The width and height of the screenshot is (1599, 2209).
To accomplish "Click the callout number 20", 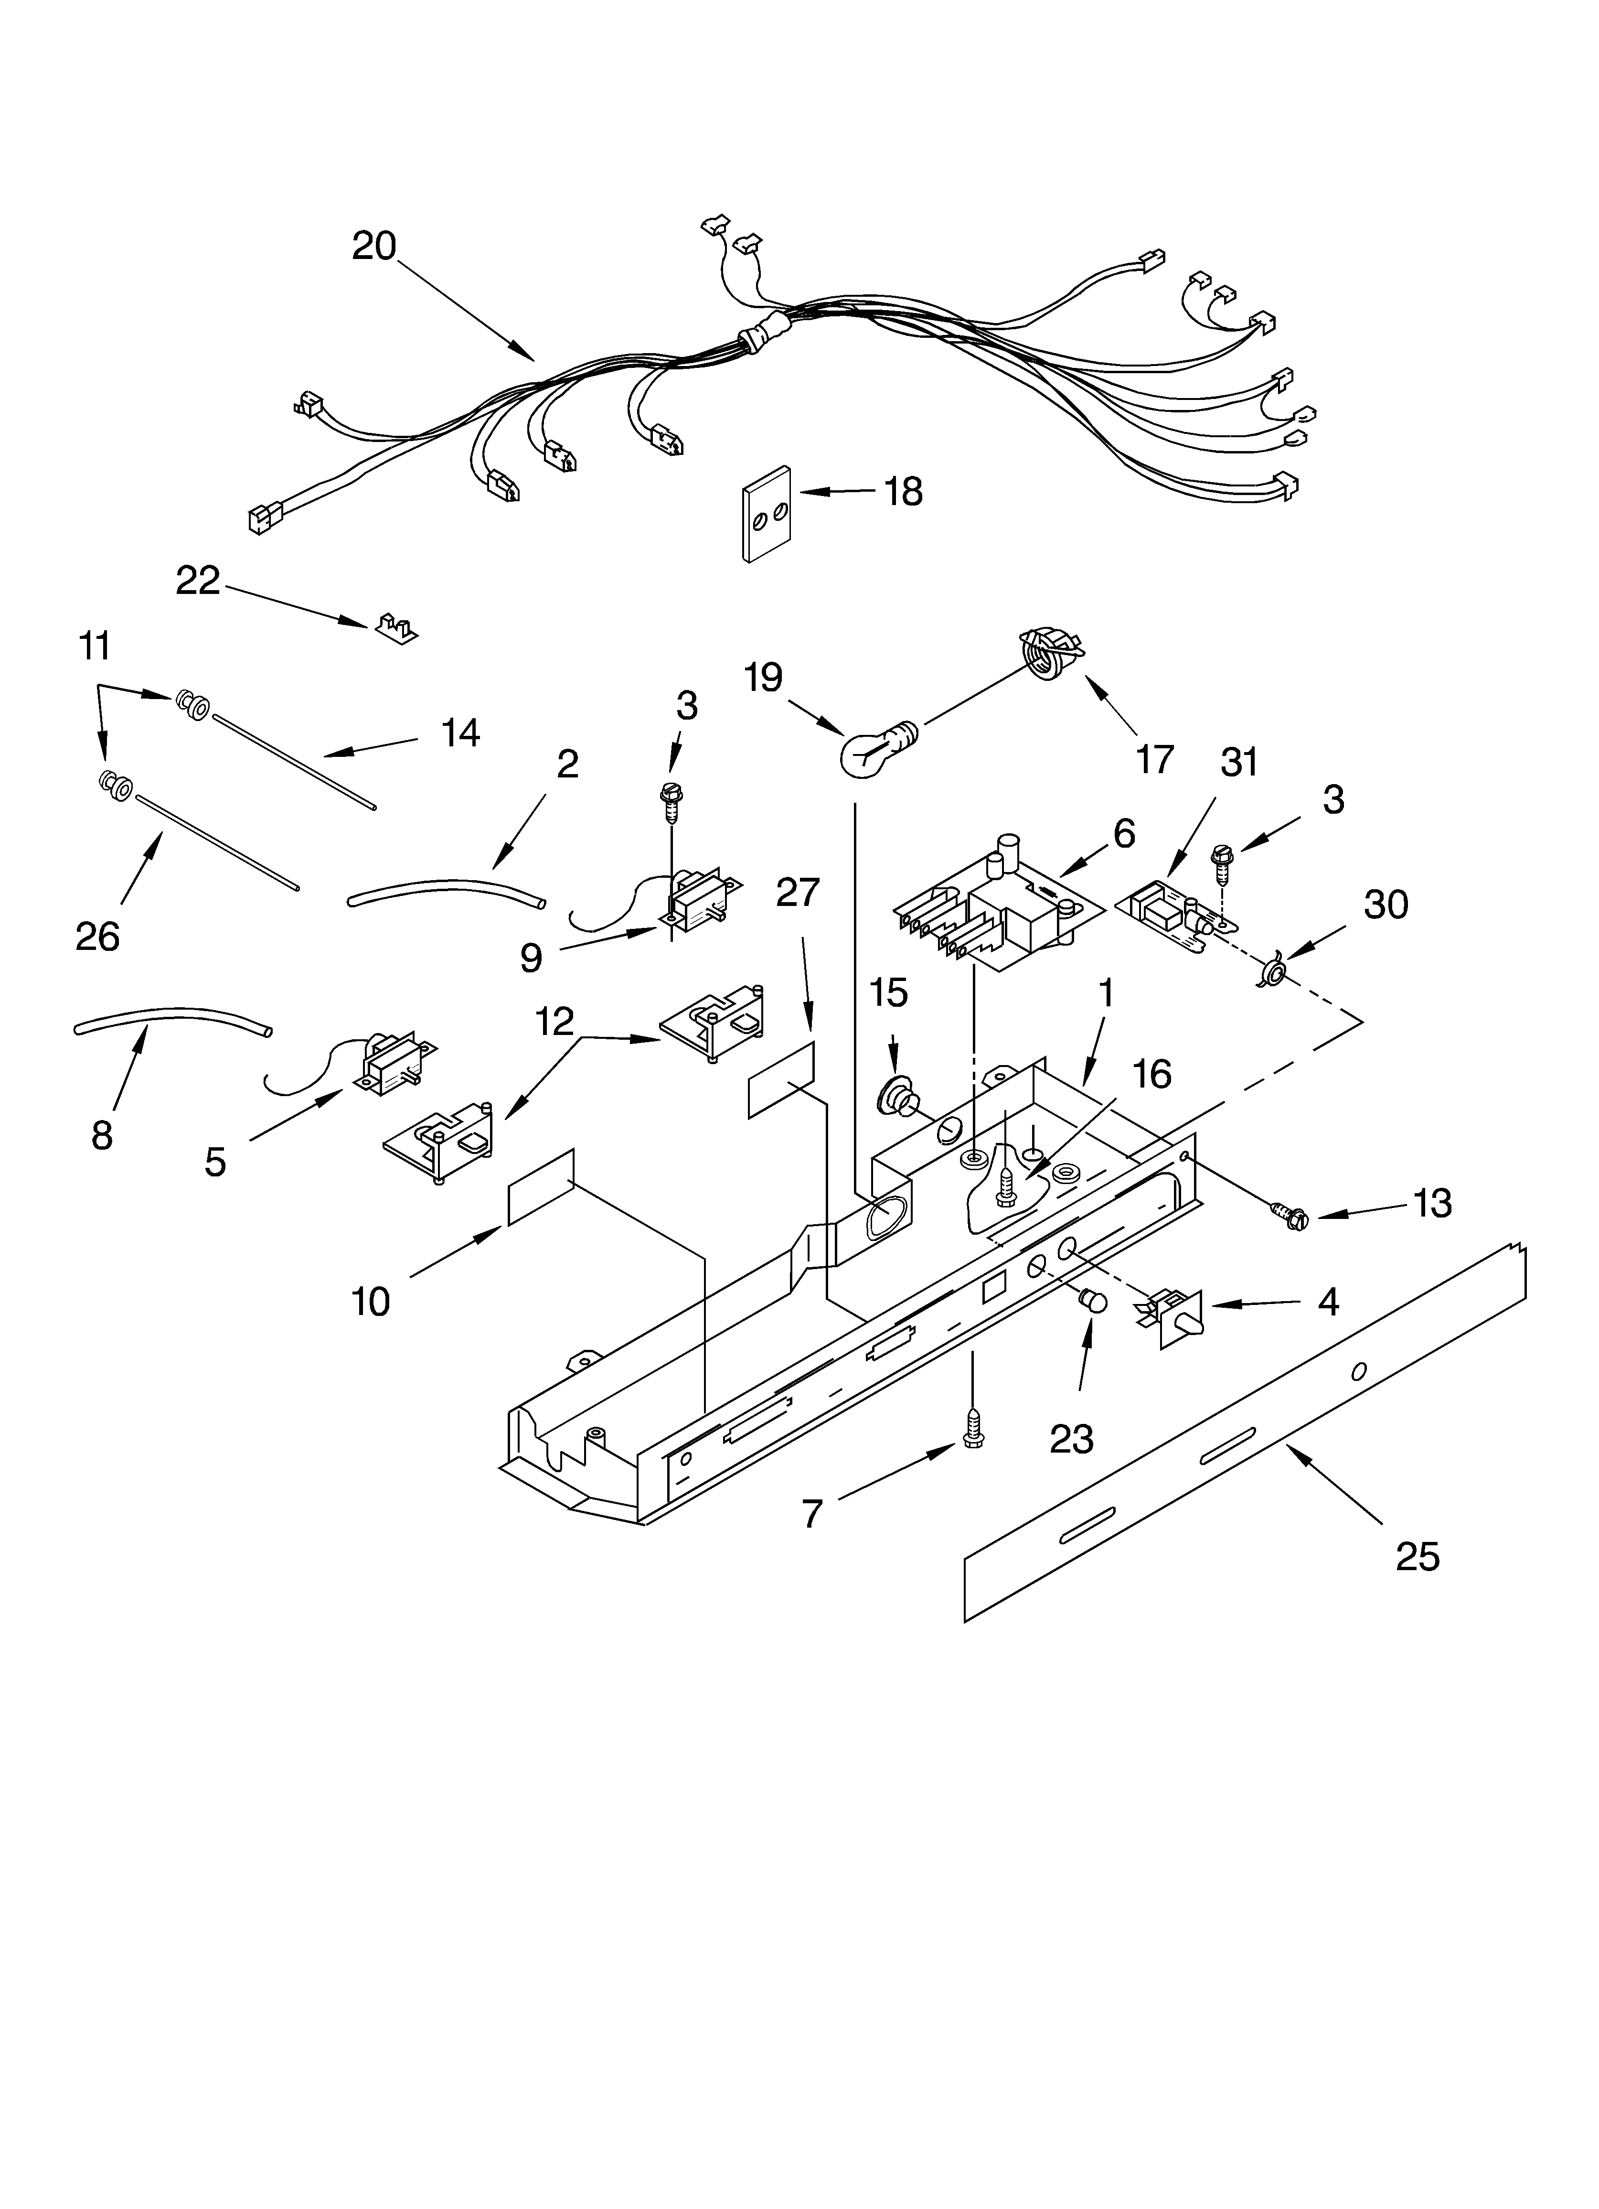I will click(x=374, y=246).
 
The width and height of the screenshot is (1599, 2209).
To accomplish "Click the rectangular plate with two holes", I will click(x=767, y=514).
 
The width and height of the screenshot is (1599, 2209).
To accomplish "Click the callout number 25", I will click(x=1417, y=1556).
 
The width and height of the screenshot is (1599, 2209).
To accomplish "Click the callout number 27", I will click(x=798, y=892).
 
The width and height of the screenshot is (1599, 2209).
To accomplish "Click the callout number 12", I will click(x=553, y=1022).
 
